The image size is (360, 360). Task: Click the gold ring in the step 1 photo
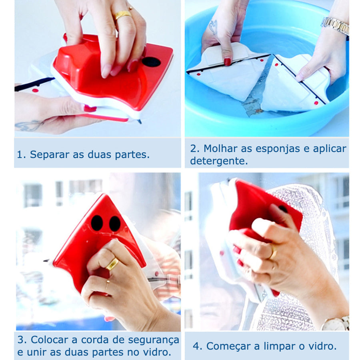(123, 15)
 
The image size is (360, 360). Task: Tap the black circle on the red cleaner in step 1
(151, 62)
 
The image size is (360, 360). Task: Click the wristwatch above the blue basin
(336, 26)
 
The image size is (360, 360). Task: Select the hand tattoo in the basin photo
(213, 27)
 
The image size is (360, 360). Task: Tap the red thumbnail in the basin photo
(227, 62)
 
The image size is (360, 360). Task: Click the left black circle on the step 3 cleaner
(97, 223)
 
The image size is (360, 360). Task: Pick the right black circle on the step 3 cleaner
(115, 224)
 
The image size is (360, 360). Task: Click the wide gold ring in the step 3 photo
(112, 264)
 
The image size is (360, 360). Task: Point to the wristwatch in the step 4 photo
(337, 323)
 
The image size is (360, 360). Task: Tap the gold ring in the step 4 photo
(273, 252)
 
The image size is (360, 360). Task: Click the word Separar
(49, 155)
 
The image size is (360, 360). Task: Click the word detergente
(219, 161)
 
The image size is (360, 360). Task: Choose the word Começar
(228, 346)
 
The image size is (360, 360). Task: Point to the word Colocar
(51, 340)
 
